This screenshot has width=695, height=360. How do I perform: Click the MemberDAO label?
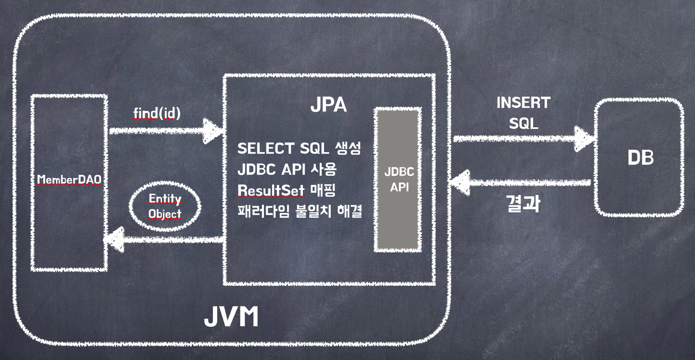point(69,179)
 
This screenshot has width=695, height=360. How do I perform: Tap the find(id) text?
point(157,113)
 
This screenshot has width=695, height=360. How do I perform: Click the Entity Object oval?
point(165,206)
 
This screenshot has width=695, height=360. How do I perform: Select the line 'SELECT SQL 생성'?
point(299,148)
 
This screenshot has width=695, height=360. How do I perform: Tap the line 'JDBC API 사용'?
point(287,169)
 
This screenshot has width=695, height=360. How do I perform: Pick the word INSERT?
point(523,103)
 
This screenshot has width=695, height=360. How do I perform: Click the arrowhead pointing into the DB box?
point(584,138)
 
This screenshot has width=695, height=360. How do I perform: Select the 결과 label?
point(523,204)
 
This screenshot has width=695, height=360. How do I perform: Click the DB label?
point(641,158)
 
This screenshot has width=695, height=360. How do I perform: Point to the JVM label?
point(231,317)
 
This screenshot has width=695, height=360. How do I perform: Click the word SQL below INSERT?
point(523,124)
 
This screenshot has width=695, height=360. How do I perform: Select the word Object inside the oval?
point(165,214)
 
